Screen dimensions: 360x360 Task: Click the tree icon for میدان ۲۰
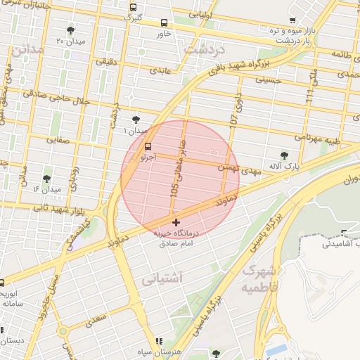pyautogui.click(x=70, y=30)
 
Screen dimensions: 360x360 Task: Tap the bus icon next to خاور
pyautogui.click(x=164, y=23)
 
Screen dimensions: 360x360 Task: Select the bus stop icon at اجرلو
pyautogui.click(x=148, y=148)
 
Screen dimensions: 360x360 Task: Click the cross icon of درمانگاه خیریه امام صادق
pyautogui.click(x=175, y=223)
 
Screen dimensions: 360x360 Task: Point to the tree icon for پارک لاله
pyautogui.click(x=284, y=155)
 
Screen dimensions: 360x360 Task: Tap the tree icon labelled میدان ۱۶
pyautogui.click(x=47, y=179)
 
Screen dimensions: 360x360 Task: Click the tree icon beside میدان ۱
pyautogui.click(x=135, y=120)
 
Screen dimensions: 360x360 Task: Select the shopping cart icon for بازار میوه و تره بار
pyautogui.click(x=292, y=20)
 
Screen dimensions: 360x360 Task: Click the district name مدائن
pyautogui.click(x=27, y=50)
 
